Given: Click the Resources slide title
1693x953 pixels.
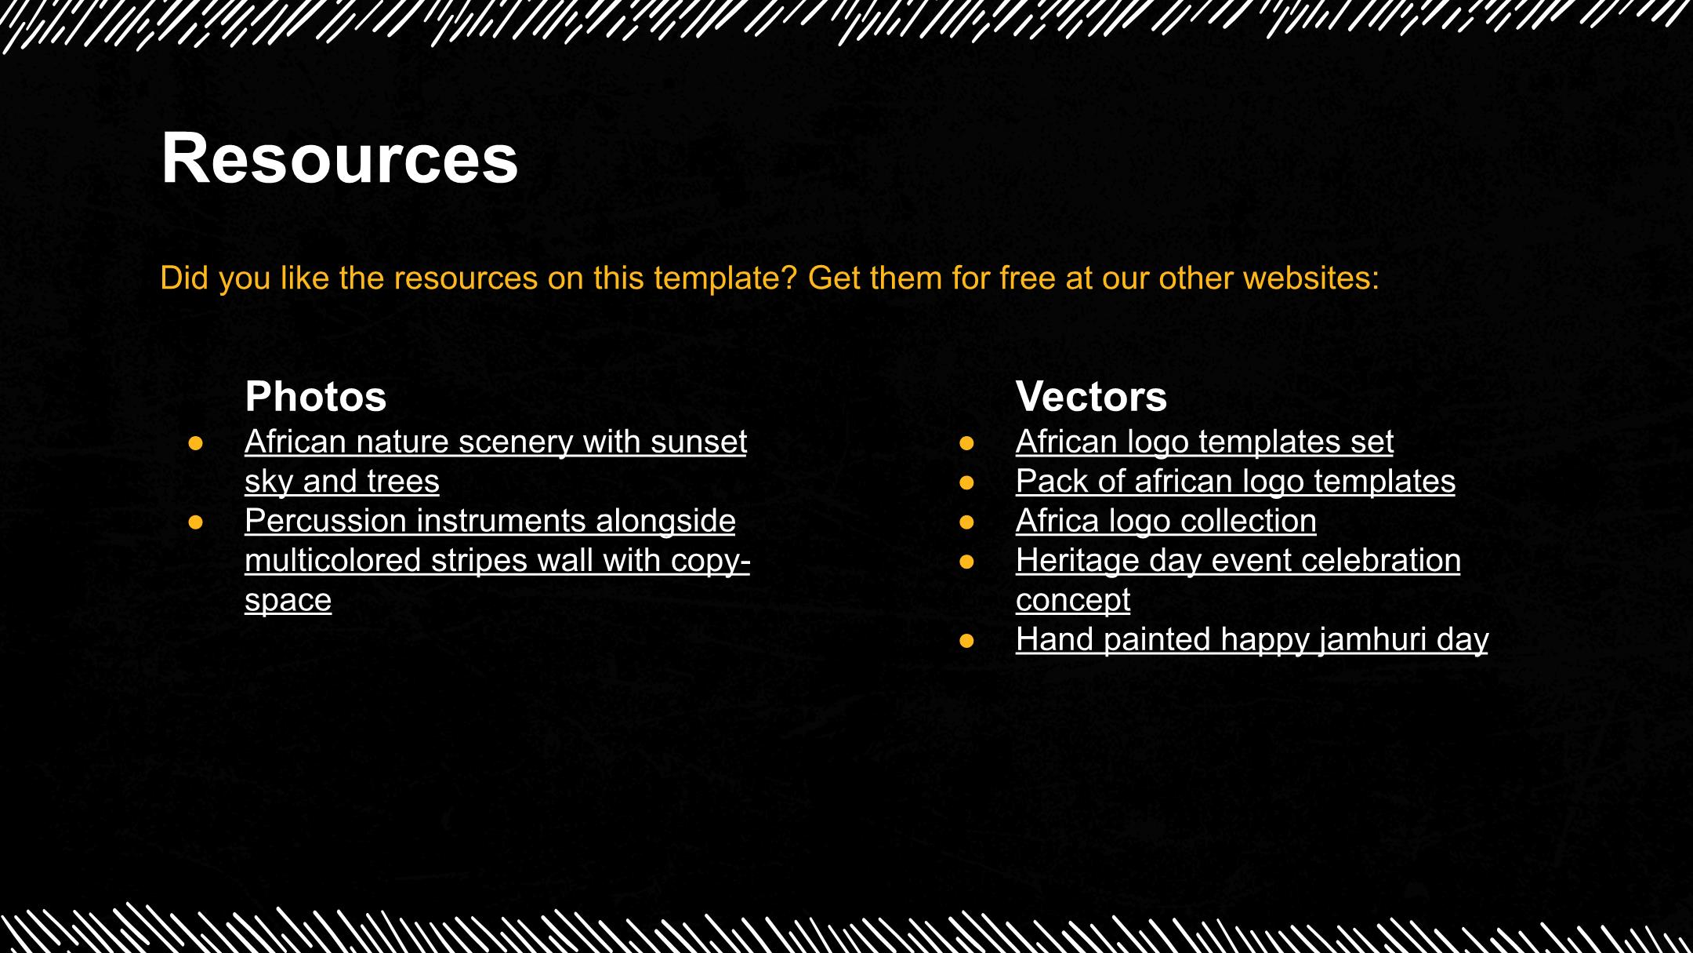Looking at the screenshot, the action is pos(339,158).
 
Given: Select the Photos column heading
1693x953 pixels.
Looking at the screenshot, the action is pos(316,396).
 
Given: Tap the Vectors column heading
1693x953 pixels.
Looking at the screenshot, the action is pos(1091,396).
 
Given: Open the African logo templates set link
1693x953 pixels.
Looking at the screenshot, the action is pos(1205,442).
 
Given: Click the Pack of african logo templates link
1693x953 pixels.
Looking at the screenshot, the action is pos(1235,481).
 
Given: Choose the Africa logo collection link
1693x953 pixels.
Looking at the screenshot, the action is pos(1166,521).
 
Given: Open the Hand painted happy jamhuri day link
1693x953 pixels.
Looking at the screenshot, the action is pos(1252,639).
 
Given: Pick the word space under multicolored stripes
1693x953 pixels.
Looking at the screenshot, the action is pos(288,601).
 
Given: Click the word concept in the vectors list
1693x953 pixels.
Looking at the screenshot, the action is pos(1073,601).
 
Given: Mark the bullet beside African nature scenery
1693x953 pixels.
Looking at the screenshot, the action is pos(196,443).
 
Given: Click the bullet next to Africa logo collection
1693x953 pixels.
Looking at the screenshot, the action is pos(966,522).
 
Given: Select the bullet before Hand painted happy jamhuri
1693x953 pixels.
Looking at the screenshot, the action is pos(966,641).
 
